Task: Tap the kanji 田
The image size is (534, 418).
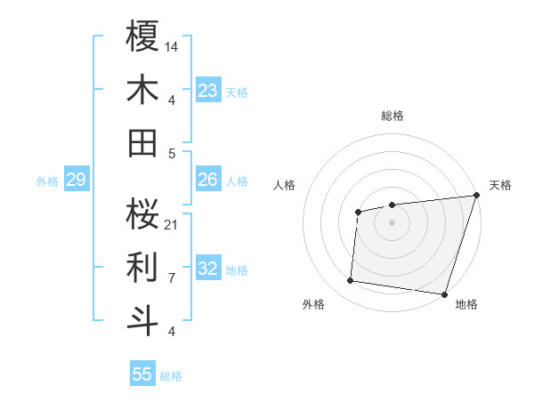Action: coord(143,142)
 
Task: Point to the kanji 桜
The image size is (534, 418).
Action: coord(143,213)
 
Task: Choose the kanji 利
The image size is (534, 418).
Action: coord(143,266)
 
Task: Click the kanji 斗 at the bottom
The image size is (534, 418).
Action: coord(143,319)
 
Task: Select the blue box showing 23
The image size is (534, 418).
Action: coord(208,90)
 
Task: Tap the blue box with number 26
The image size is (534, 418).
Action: coord(208,180)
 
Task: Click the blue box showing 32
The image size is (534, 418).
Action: coord(208,269)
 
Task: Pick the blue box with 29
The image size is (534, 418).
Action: coord(76,181)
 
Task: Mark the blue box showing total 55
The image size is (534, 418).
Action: coord(142,374)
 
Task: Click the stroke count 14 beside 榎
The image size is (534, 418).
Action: coord(172,45)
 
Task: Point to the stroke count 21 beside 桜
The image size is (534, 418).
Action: coord(172,223)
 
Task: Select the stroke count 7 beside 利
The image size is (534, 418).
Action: coord(172,277)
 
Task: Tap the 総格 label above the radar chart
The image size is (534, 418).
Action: coord(392,116)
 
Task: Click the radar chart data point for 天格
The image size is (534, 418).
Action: coord(476,196)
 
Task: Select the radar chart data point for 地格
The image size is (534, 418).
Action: coord(445,294)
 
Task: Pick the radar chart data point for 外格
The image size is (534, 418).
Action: coord(351,281)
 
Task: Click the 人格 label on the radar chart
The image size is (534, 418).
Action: coord(285,185)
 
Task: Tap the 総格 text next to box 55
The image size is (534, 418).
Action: coord(171,376)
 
